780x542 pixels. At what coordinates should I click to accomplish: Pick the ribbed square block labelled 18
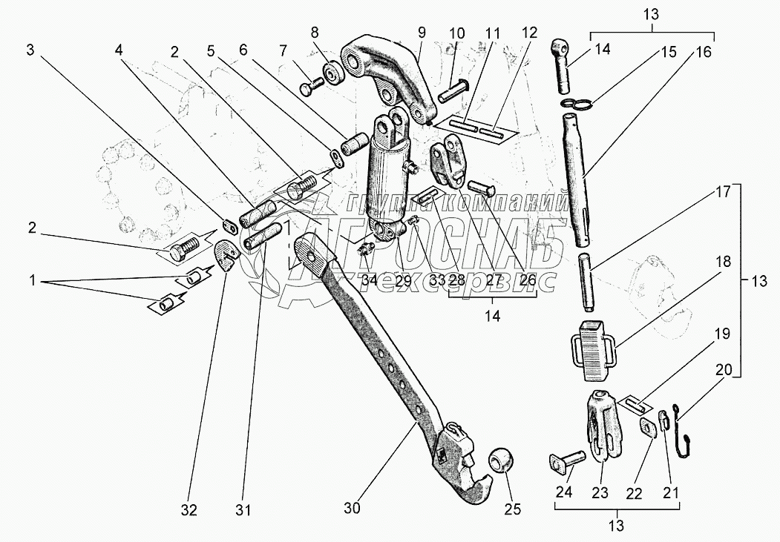point(594,343)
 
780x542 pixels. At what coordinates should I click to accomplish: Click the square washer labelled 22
point(649,428)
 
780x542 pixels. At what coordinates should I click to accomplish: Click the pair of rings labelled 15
point(578,103)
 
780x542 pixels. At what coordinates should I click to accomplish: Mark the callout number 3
point(30,50)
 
